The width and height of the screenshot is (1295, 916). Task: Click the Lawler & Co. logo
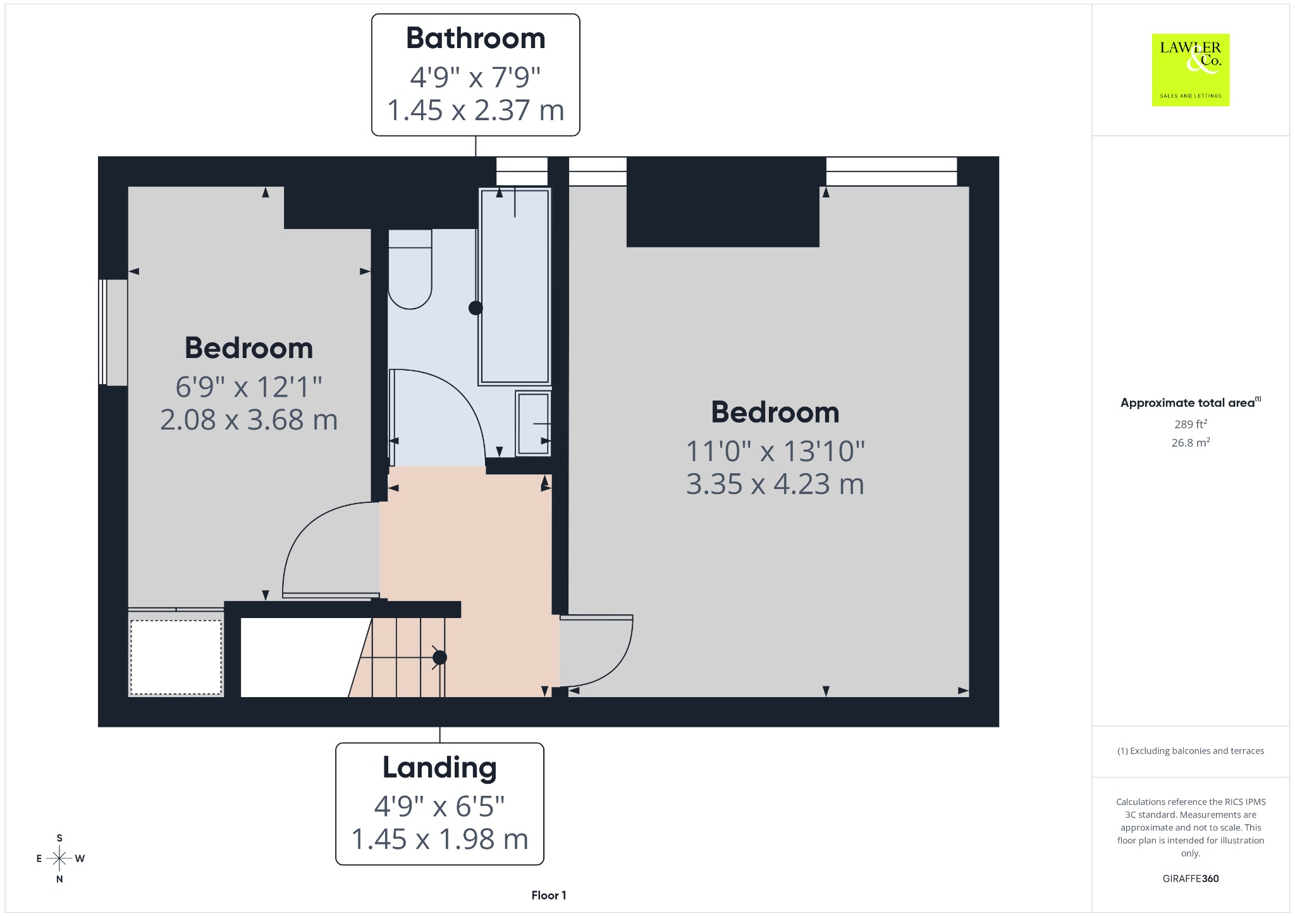pyautogui.click(x=1191, y=70)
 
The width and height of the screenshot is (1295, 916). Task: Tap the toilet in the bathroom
pyautogui.click(x=410, y=269)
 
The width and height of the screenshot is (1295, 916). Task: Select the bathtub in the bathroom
pyautogui.click(x=515, y=287)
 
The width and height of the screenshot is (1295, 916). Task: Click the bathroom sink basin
pyautogui.click(x=533, y=423)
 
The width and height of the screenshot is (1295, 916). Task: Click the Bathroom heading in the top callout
pyautogui.click(x=476, y=38)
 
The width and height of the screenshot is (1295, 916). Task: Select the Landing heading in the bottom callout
pyautogui.click(x=439, y=768)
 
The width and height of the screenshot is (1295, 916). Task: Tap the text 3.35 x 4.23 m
pyautogui.click(x=775, y=484)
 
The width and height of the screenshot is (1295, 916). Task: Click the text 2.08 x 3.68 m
pyautogui.click(x=249, y=419)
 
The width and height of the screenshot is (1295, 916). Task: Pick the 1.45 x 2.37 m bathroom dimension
pyautogui.click(x=476, y=110)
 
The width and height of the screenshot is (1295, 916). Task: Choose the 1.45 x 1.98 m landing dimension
pyautogui.click(x=439, y=839)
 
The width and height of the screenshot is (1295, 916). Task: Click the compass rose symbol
pyautogui.click(x=59, y=858)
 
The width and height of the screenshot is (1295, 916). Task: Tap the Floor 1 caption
pyautogui.click(x=549, y=895)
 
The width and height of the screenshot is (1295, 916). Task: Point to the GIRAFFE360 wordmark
pyautogui.click(x=1191, y=879)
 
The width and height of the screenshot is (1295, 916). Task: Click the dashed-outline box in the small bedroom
pyautogui.click(x=176, y=657)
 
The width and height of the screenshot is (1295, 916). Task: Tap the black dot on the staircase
pyautogui.click(x=439, y=657)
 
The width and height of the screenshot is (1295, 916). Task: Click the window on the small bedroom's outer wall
pyautogui.click(x=113, y=332)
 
